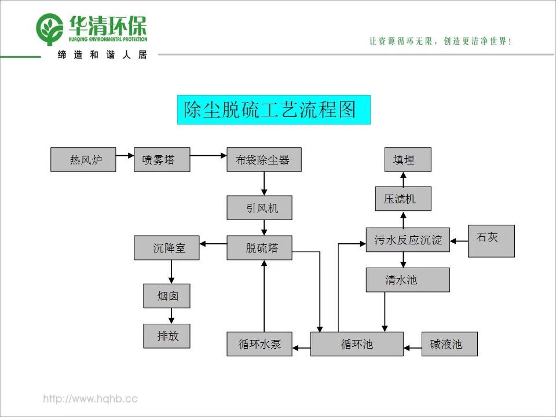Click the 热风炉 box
83,159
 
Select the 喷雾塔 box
162,159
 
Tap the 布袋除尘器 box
264,159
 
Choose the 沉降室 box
167,247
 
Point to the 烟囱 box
167,297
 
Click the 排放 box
167,336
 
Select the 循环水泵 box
259,344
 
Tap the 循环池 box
357,344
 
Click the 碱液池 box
449,344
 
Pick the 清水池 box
408,280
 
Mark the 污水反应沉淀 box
408,240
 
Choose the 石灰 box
491,240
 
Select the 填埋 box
408,159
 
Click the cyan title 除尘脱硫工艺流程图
273,109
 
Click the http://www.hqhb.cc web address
90,399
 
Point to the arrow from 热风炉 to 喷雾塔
125,155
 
